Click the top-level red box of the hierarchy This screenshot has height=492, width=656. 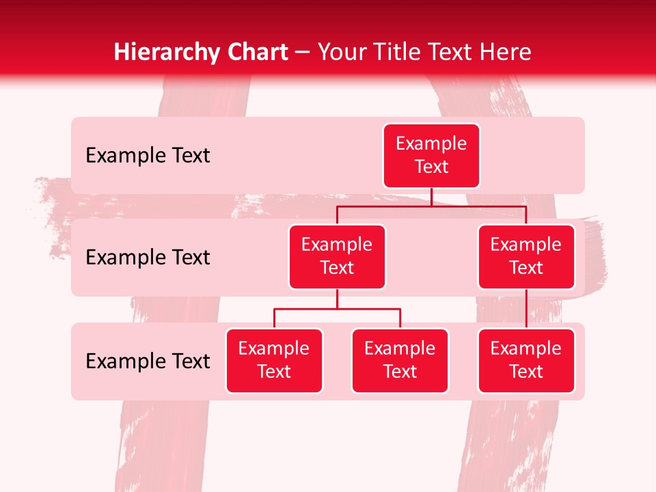[x=431, y=155]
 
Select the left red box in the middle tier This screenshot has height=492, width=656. [x=337, y=256]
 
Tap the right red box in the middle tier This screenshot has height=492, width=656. [x=526, y=256]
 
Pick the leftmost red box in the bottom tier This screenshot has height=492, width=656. [x=274, y=360]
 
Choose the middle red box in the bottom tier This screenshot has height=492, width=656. [x=400, y=360]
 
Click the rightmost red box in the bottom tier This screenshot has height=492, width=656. [x=526, y=360]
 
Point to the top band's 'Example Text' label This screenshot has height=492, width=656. [x=148, y=156]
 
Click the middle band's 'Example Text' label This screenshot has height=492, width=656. [x=148, y=258]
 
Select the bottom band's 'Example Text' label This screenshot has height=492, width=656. [x=148, y=361]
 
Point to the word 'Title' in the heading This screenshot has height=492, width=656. [x=396, y=52]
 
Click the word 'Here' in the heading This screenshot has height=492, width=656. [x=506, y=52]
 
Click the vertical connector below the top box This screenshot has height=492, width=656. [x=431, y=197]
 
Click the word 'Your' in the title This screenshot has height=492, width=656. [x=341, y=52]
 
